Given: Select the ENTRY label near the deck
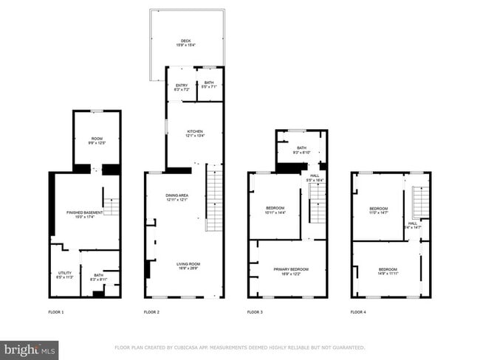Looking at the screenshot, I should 181,86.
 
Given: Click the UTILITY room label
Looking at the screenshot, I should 64,276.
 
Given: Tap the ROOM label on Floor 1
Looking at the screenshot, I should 97,139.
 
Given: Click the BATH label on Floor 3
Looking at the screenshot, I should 301,148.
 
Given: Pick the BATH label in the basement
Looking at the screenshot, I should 99,276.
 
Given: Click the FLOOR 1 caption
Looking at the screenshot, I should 56,313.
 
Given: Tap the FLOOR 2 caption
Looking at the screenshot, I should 151,313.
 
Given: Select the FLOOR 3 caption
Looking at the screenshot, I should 255,313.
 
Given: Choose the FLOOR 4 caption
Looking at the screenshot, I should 358,313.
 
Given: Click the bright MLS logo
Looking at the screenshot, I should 30,348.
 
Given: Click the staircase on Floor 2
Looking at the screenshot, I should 214,199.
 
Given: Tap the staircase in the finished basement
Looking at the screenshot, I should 112,206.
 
